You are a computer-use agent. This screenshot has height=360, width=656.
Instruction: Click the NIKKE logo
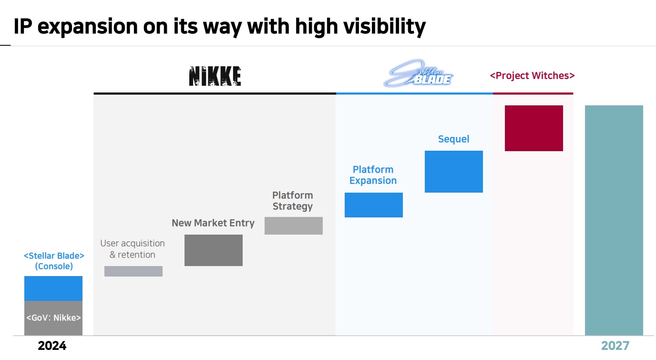215,76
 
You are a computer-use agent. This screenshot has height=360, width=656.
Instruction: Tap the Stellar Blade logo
418,73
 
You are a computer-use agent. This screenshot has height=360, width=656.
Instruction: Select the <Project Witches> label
532,75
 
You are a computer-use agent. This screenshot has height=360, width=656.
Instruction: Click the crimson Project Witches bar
533,128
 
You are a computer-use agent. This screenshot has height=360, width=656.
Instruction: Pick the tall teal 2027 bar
614,220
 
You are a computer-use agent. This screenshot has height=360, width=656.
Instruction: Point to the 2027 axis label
615,346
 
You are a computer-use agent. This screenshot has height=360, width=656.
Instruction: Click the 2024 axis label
52,346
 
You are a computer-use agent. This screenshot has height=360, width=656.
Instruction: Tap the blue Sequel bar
454,172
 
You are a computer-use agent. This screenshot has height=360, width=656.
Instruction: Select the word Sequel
454,139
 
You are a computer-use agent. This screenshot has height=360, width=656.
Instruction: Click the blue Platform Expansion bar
374,205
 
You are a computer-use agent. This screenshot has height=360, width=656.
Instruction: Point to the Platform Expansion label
373,175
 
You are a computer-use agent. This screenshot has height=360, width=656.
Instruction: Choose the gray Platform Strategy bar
294,226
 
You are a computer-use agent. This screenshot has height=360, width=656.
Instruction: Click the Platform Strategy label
293,201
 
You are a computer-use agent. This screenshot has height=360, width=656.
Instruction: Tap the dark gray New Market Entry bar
214,250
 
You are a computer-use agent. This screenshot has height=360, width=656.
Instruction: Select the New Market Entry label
213,223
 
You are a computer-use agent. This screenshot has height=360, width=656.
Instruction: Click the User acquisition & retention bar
133,271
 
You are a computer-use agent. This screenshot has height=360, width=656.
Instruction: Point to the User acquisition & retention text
133,249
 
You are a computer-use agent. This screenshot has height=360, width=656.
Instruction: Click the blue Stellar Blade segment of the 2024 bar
53,288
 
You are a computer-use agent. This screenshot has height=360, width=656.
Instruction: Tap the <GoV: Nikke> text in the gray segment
53,318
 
